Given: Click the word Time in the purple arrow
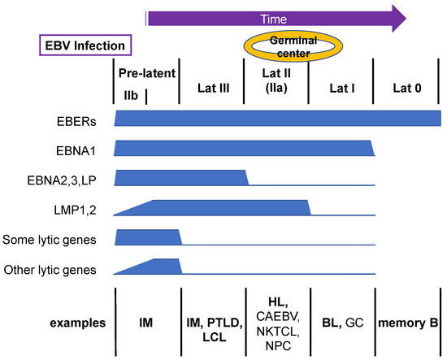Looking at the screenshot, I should pos(273,16).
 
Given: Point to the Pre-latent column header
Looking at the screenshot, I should pos(147,73).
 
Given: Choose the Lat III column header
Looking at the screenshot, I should pos(211,85).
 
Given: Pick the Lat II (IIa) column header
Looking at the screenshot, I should pos(277,85).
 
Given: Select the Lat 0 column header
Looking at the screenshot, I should pos(406,85).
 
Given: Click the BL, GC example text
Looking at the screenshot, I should pos(341,323).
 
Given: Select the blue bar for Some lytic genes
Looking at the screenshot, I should pos(147,236).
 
